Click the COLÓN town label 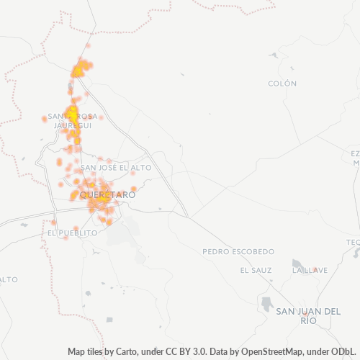(282, 84)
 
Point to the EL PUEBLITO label (72, 233)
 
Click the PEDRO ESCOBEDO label (238, 252)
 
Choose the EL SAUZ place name (256, 270)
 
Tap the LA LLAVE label (310, 270)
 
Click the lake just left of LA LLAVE (297, 264)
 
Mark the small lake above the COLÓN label (274, 55)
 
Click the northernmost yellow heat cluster (79, 70)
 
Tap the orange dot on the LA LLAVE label (313, 269)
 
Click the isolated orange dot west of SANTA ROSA (45, 120)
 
